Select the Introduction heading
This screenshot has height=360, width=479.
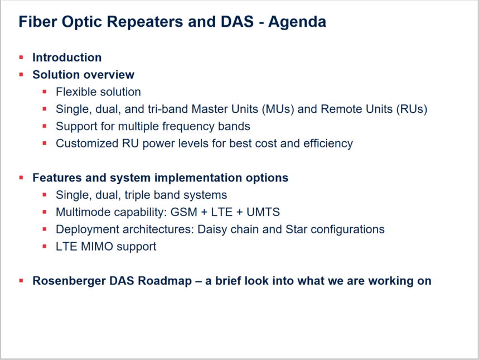[67, 57]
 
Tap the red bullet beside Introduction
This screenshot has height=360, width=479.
[21, 57]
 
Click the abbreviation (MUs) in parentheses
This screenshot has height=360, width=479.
[278, 109]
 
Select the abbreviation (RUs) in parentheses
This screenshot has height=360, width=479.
[412, 109]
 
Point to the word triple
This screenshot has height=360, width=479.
[137, 195]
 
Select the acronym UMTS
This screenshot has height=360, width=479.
[263, 212]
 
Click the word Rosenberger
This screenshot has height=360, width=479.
[69, 281]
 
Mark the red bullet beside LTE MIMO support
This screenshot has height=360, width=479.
[45, 246]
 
